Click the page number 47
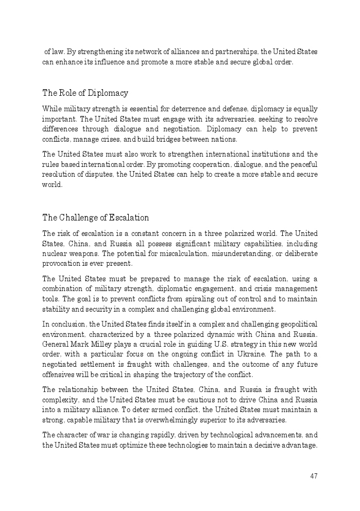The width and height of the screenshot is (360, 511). coord(314,476)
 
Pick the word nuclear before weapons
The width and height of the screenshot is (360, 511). coord(55,254)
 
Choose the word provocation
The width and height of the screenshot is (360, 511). coord(61,264)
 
